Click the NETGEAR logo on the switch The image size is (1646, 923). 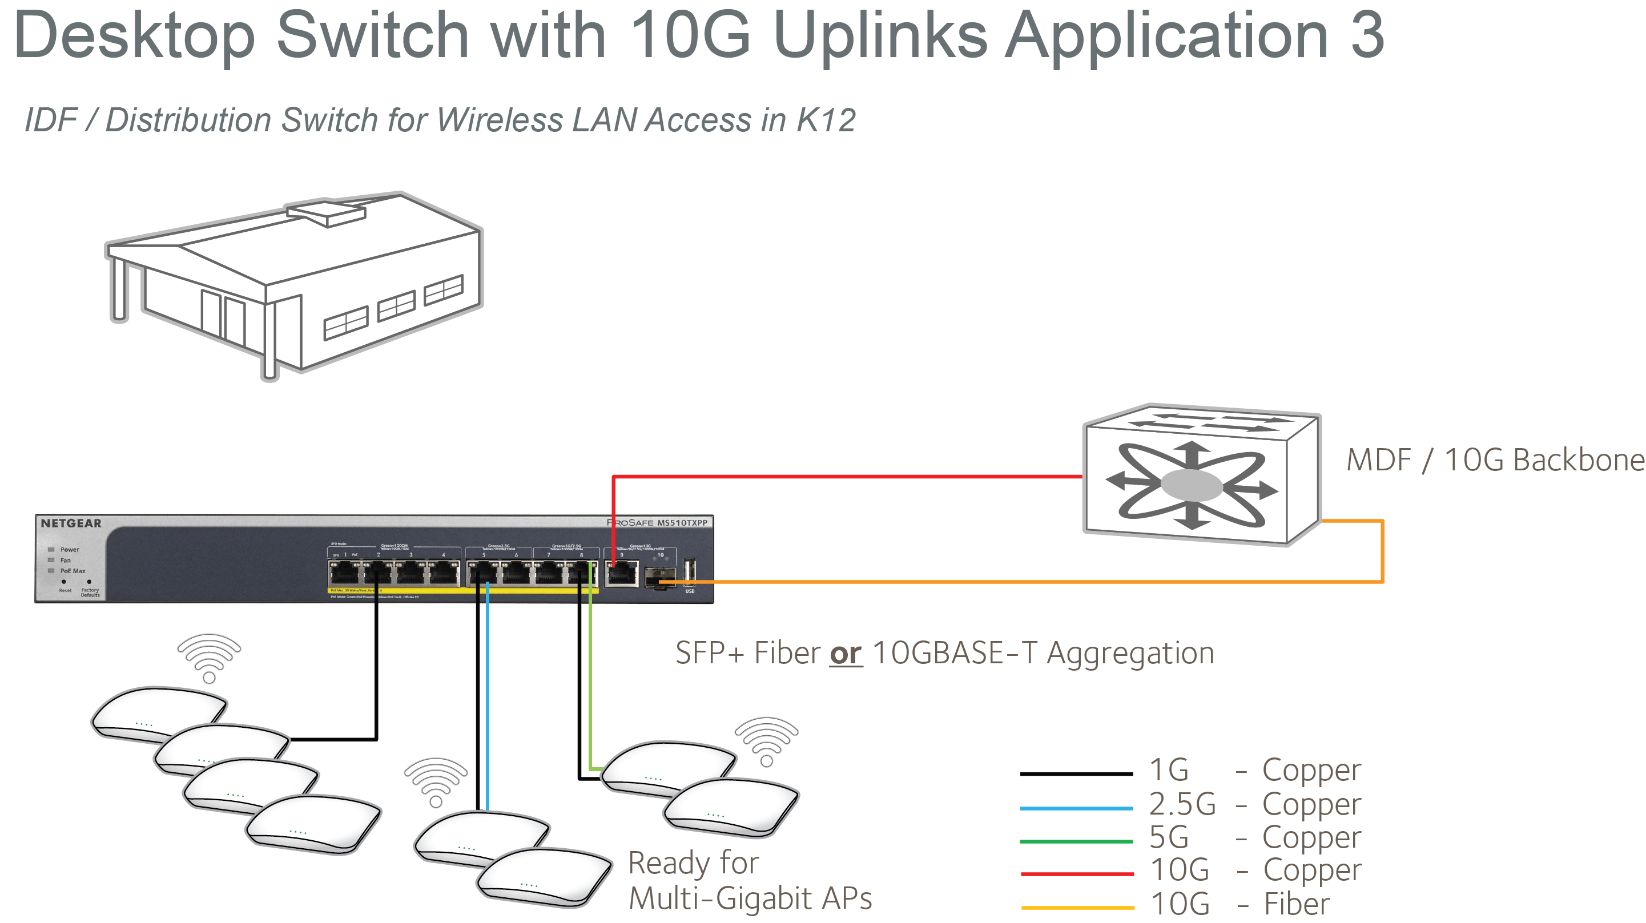pos(71,523)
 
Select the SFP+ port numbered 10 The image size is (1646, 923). pos(660,577)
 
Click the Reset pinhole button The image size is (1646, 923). pos(64,582)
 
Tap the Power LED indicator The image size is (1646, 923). pos(51,549)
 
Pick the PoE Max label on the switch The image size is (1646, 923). pos(72,571)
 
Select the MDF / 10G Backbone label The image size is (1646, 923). pos(1494,461)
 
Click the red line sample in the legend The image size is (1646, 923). pos(1077,873)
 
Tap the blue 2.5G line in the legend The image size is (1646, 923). pos(1077,808)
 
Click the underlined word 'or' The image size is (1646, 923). pos(846,654)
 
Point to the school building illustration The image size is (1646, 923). pos(294,284)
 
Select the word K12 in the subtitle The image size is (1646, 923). pos(826,120)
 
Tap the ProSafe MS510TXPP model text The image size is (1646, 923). pos(658,522)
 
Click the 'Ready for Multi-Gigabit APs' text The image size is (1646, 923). pos(750,880)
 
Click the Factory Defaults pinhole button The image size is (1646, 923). pos(89,582)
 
